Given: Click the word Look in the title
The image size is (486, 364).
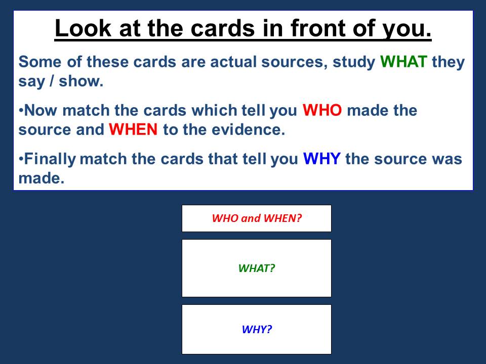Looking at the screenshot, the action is (83, 28).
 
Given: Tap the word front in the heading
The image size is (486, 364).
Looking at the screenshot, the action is (318, 28).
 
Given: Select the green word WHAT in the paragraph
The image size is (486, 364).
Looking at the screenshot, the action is (403, 62).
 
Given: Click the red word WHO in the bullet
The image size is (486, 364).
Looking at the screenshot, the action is (322, 110).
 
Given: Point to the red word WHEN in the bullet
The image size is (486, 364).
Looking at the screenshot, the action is (133, 129).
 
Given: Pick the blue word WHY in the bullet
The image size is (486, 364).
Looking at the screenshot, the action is (322, 159).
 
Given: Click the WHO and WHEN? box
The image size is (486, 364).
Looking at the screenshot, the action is (257, 218).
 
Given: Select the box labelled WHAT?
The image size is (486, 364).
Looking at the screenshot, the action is (257, 268).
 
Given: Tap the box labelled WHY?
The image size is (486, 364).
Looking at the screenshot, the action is (257, 329).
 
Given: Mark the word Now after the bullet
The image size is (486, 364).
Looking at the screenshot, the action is (40, 110).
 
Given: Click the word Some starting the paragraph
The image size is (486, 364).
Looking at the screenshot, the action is (40, 62).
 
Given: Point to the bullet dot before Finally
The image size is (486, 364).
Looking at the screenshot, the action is (21, 159).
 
